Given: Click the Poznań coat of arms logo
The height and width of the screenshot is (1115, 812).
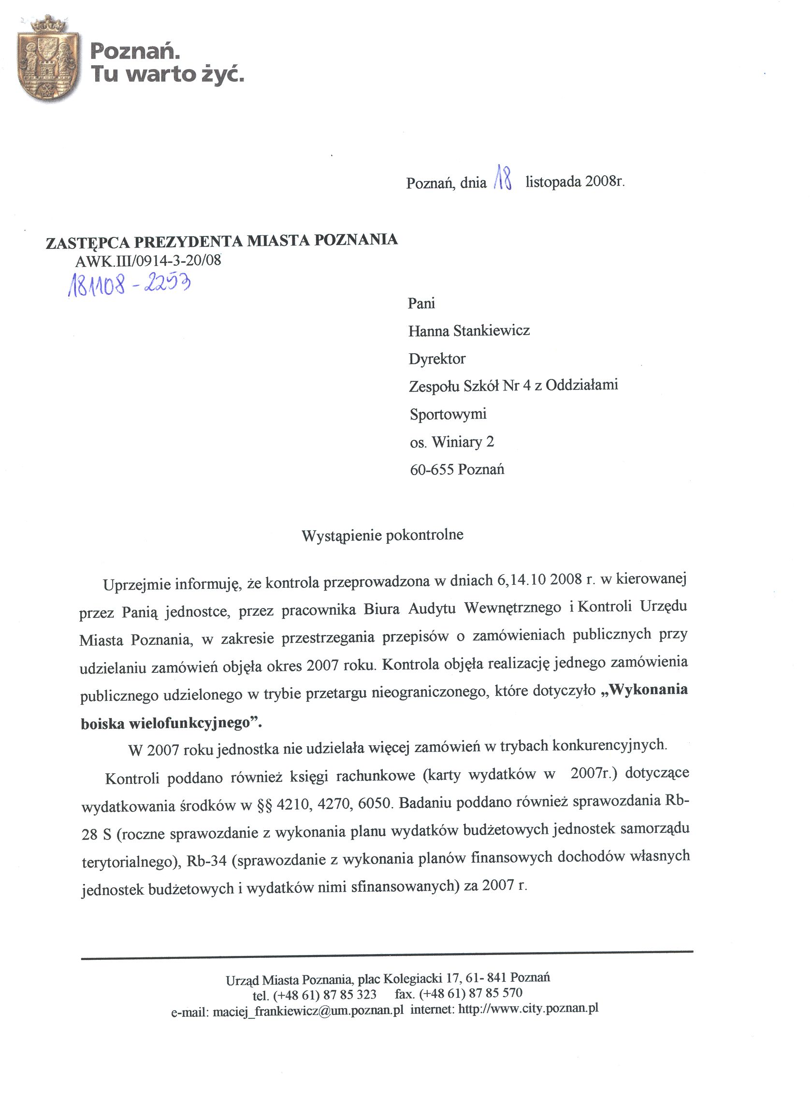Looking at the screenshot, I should [48, 59].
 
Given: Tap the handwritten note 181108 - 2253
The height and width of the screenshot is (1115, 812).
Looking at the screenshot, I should [129, 285].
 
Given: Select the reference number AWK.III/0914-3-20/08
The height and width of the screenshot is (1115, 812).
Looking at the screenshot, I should [148, 261].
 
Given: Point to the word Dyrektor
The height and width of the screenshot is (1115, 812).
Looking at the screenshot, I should [437, 359].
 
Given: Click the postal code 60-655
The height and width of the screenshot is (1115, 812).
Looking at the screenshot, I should [432, 470].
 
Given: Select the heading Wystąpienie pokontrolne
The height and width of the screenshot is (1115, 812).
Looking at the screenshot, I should [382, 535].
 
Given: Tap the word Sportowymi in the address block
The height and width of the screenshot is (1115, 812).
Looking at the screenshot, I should [448, 414].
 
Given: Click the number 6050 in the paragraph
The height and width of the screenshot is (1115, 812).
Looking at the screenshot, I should [374, 804].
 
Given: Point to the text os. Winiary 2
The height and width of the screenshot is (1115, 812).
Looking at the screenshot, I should [452, 442].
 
